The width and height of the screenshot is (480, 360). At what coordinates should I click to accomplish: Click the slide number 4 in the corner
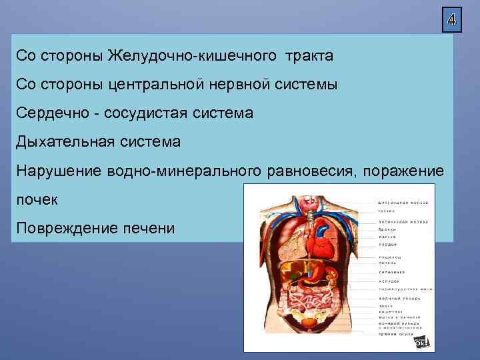pos(451,20)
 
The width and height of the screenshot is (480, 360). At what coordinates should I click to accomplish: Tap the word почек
pos(37,200)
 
